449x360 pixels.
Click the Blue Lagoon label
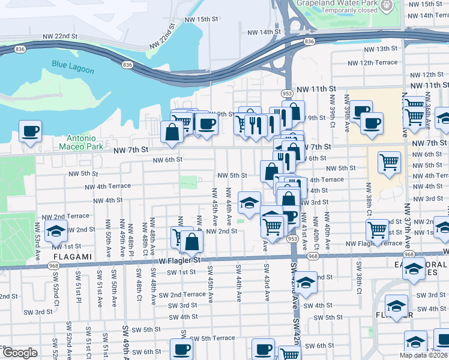point(73,67)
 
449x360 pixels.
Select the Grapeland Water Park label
point(336,3)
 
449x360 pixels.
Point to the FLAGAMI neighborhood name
point(74,257)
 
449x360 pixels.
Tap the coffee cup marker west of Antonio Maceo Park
point(30,131)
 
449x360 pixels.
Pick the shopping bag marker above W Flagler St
point(192,242)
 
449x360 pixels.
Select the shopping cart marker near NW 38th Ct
point(377,230)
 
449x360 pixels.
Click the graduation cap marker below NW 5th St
point(249,202)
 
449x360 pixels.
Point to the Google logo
point(20,353)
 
